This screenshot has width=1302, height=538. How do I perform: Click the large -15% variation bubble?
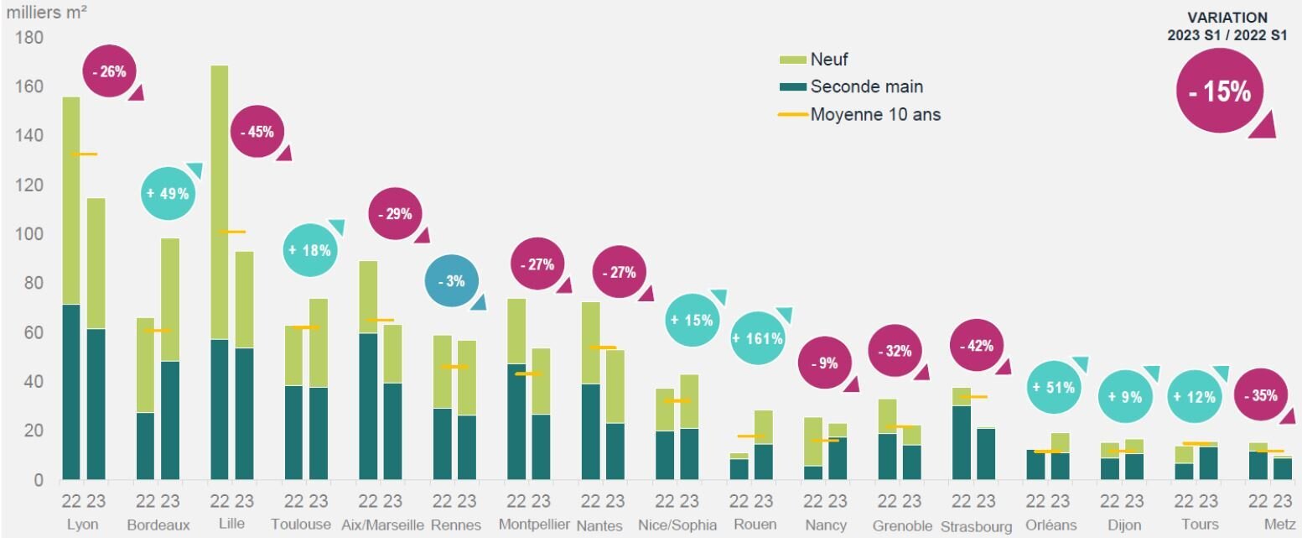1219,91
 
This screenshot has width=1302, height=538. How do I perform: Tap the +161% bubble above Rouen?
757,339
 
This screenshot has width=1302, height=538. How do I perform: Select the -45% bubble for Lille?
257,132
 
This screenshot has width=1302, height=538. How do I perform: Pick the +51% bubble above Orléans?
1054,388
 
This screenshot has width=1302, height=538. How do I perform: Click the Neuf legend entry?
829,59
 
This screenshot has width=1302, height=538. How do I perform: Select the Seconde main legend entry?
866,86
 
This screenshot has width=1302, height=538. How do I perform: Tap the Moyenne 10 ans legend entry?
874,114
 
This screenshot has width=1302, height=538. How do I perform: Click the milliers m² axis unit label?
49,12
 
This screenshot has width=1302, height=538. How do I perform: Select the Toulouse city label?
301,525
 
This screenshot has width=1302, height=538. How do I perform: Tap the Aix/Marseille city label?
382,525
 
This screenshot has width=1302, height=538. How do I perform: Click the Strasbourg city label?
976,526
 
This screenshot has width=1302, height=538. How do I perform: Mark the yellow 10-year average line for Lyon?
84,154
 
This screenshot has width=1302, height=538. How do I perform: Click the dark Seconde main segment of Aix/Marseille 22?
367,406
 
